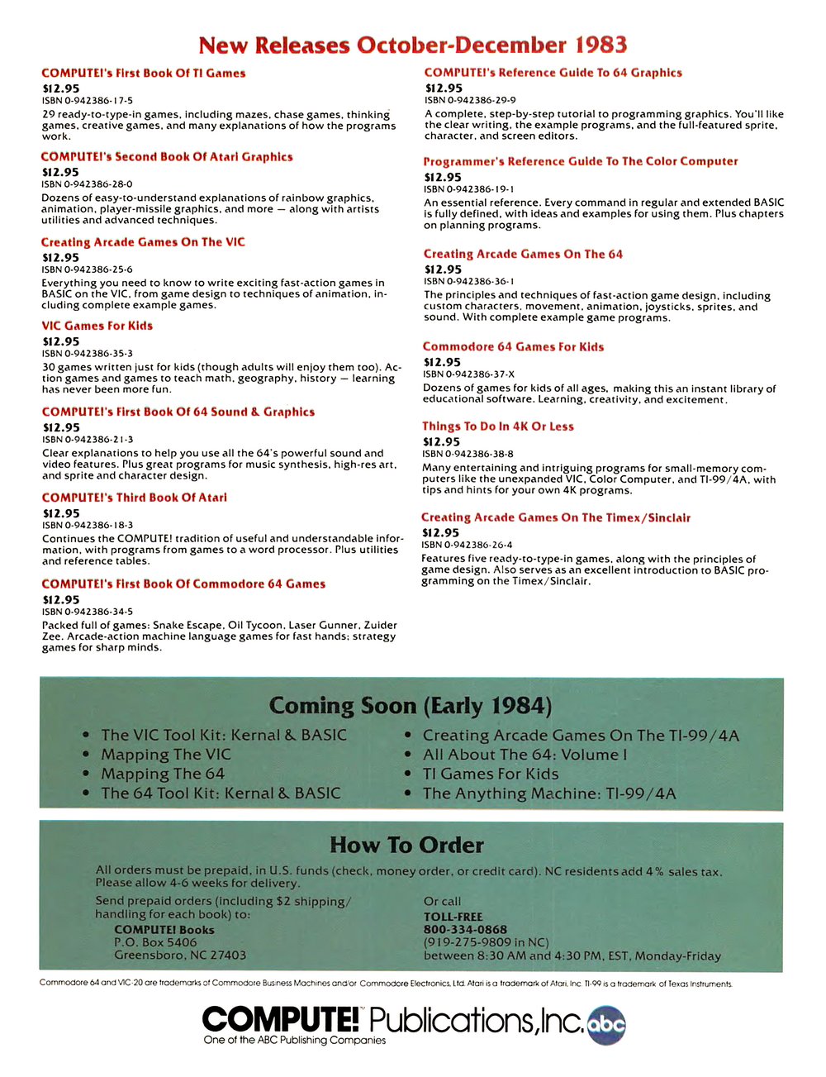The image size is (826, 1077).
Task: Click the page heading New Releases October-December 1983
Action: [413, 45]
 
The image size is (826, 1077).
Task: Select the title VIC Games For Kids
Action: [97, 326]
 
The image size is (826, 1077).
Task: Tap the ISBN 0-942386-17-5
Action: [88, 101]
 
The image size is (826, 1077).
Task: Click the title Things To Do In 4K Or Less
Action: [498, 427]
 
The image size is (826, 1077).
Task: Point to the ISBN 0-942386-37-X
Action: [469, 374]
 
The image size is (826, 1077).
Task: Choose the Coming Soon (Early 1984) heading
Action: [411, 706]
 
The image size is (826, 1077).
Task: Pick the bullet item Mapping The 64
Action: [163, 774]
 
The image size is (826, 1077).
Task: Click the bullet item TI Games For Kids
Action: [491, 774]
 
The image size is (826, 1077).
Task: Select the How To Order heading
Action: [406, 845]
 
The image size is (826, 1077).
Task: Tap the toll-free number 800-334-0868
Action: [465, 929]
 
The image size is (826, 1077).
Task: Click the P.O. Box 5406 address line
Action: [155, 942]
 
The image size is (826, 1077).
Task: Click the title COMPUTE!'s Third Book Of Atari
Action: [134, 498]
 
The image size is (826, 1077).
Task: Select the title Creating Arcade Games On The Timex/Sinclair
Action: [556, 517]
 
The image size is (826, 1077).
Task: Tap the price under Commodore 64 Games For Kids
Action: [443, 362]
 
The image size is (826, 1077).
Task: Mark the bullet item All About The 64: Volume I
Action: [525, 755]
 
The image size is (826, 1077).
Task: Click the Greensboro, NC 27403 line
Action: [180, 955]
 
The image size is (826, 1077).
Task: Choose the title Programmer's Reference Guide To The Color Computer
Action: [581, 161]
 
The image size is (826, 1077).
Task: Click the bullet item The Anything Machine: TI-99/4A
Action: [549, 793]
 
